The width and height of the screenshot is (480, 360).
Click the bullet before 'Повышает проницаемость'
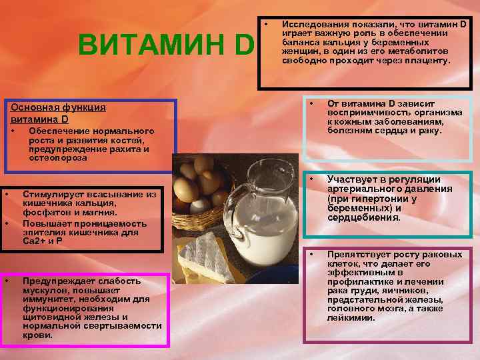point(7,222)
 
